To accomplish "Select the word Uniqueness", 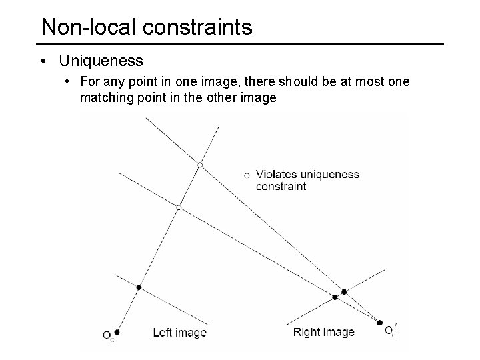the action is pos(101,61).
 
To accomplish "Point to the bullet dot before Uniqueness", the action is pos(43,61).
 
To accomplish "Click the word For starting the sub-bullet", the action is pos(89,82).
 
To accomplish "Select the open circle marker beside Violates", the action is pos(247,175).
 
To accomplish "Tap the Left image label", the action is pos(179,332).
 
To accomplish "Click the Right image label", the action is pos(323,332).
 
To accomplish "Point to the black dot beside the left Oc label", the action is pos(117,331).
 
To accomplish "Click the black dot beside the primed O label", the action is pos(380,323).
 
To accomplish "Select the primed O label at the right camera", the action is pos(391,330).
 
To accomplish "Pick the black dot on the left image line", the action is pos(139,287).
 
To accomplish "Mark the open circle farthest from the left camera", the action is pos(199,164).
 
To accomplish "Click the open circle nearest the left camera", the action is pos(178,208).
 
